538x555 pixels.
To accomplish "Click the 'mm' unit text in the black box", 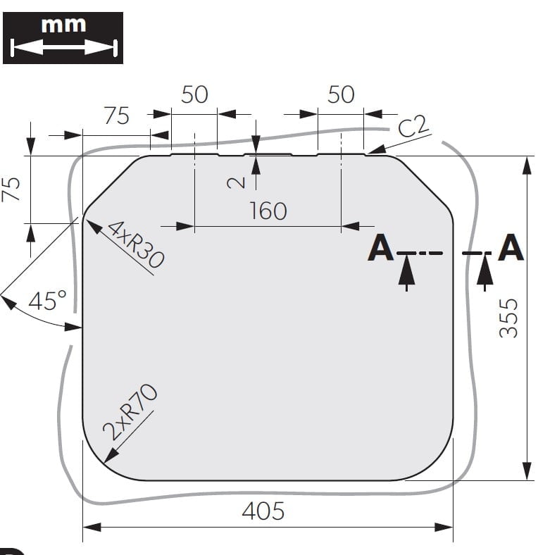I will click(63, 25).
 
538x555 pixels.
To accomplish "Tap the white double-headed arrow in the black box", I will click(63, 48).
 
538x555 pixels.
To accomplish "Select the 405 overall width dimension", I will click(263, 511).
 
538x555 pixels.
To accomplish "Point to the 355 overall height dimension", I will click(509, 317).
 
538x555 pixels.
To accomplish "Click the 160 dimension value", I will click(268, 210).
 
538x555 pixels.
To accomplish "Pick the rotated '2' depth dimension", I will click(238, 182).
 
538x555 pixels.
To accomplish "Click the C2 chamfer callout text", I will click(413, 127).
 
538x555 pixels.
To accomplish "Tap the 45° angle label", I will click(47, 301).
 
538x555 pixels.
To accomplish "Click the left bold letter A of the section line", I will click(380, 249).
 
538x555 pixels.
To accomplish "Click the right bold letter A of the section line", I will click(511, 249).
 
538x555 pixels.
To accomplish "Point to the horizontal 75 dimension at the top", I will click(117, 116).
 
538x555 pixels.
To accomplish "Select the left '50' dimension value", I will click(194, 94).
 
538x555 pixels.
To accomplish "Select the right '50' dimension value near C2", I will click(341, 94).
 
